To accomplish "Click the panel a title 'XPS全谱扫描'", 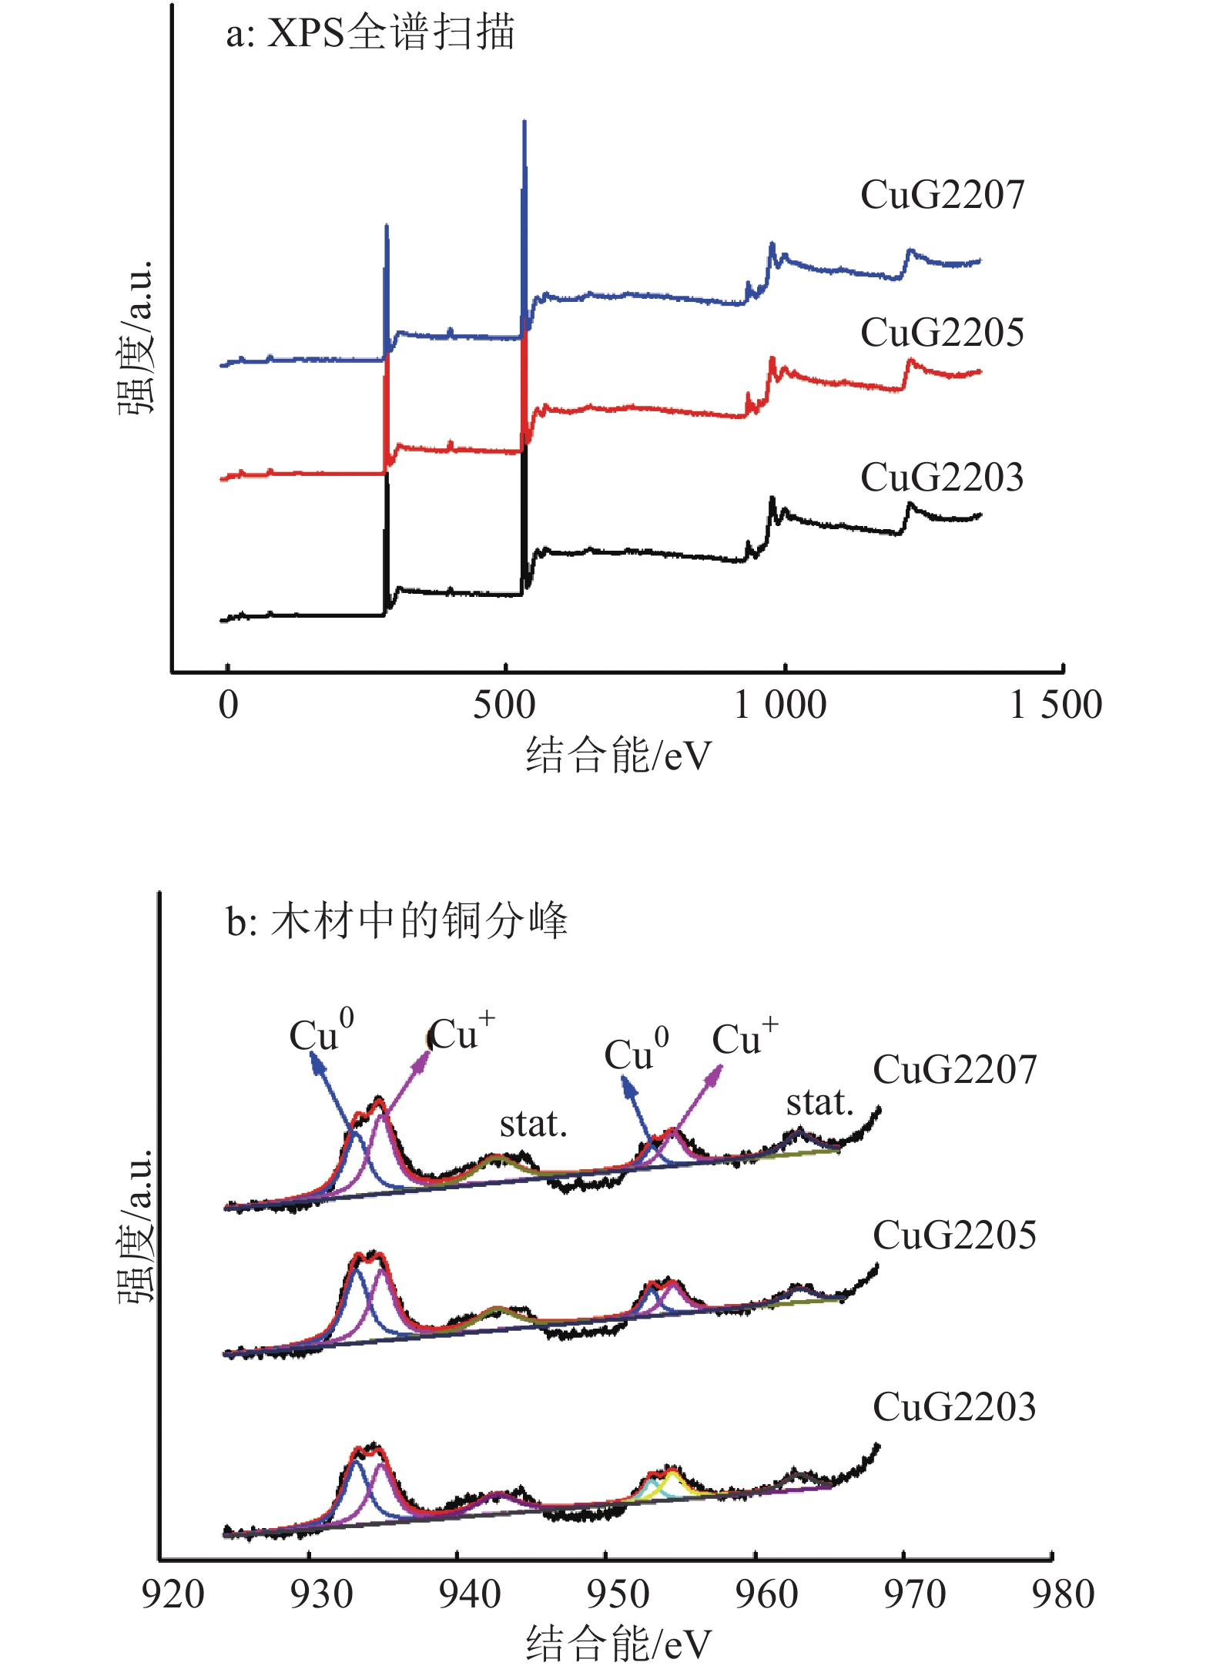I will tap(370, 34).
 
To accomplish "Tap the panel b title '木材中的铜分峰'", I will tap(397, 920).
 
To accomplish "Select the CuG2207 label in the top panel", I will tap(942, 195).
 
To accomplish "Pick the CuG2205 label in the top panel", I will tap(942, 333).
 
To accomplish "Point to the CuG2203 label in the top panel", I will tap(942, 478).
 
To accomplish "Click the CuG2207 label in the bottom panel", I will tap(954, 1070).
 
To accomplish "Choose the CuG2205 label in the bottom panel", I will tap(954, 1235).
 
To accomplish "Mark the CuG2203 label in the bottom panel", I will tap(954, 1407).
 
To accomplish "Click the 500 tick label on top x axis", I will tap(504, 705).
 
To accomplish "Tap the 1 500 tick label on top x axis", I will tap(1055, 705).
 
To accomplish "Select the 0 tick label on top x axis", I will tap(228, 705).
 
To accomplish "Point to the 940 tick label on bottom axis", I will tap(469, 1594).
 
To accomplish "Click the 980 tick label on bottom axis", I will tap(1063, 1594).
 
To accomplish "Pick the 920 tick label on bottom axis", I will tap(173, 1594).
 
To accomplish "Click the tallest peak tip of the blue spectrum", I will tap(524, 122).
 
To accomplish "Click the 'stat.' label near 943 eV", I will tap(533, 1125).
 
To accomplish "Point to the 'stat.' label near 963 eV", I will tap(819, 1103).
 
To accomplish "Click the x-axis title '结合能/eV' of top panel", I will tap(618, 756).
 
